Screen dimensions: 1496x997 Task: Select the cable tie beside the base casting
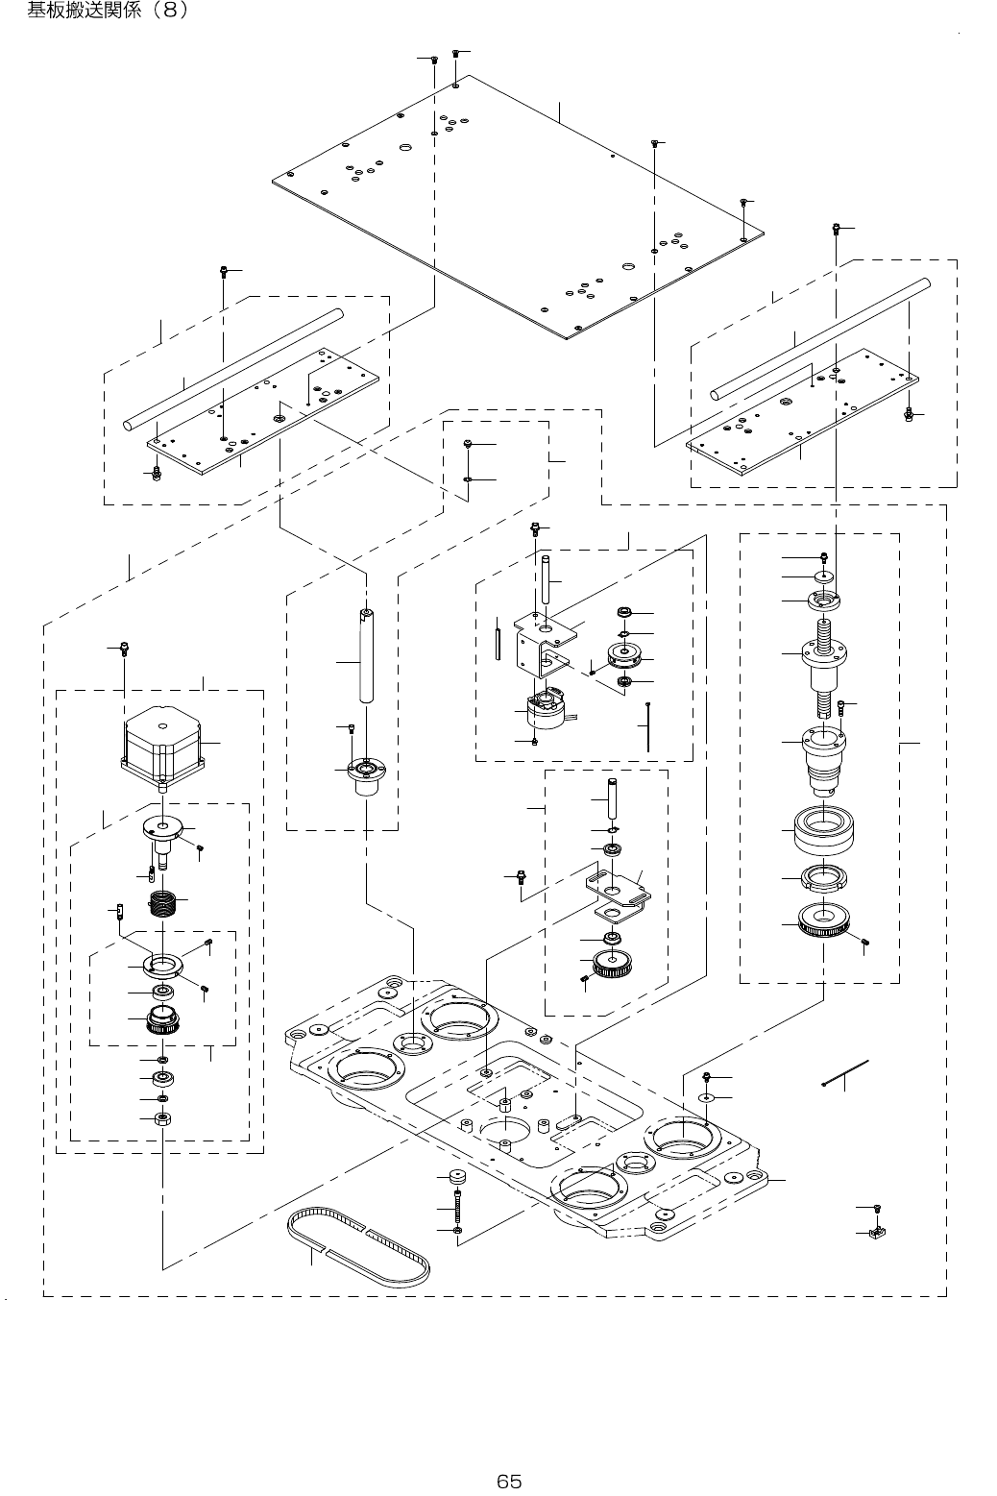846,1072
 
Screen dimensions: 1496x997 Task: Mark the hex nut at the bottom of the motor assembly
162,1118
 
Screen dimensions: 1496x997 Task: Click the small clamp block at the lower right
876,1232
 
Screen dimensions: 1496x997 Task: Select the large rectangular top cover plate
519,207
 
